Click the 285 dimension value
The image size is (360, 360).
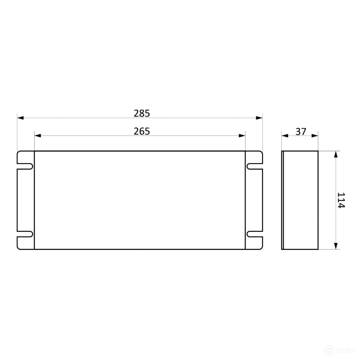142,113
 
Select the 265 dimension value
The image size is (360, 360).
142,131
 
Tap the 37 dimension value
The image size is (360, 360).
301,131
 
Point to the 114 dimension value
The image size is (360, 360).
341,200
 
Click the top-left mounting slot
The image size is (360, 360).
25,166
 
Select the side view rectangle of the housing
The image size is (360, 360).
300,200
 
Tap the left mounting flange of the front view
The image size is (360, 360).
26,200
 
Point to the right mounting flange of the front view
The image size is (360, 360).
254,200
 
